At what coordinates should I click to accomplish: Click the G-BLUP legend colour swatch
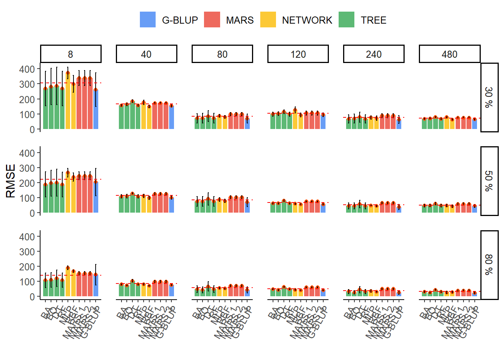pos(147,20)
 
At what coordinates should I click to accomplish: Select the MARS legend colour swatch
pos(212,20)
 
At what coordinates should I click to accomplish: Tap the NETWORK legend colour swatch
pos(268,20)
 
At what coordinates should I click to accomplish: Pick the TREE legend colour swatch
pos(346,20)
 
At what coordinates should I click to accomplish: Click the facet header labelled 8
pos(71,54)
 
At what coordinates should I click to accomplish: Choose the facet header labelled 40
pos(147,54)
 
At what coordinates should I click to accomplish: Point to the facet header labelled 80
pos(222,54)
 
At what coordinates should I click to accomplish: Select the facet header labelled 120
pos(298,54)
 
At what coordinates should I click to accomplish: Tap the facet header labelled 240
pos(374,54)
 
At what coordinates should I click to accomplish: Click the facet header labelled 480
pos(450,54)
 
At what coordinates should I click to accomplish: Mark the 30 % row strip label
pos(489,97)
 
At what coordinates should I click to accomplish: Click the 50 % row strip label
pos(489,181)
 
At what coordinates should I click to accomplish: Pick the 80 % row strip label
pos(489,265)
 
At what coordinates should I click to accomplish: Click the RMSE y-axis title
pos(10,181)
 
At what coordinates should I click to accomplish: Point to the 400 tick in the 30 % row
pos(27,69)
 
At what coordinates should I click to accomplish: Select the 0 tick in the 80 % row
pos(32,297)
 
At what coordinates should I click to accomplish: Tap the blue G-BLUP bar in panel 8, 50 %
pos(96,197)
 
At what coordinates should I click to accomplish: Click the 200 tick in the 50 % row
pos(27,183)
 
